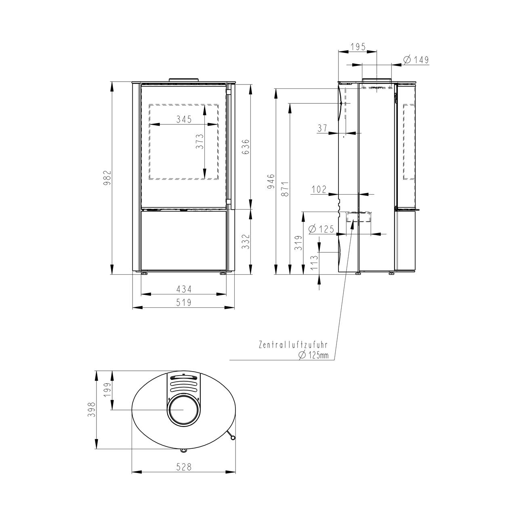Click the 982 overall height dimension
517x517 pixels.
tap(107, 178)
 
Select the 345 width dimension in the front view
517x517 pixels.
tap(184, 119)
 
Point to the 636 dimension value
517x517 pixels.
tap(246, 147)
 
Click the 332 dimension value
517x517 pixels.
tap(246, 242)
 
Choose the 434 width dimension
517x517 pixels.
tap(184, 289)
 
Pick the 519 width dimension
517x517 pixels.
tap(184, 303)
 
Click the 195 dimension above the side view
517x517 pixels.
tap(358, 47)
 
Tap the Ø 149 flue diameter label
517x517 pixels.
tap(416, 59)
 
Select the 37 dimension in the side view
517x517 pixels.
tap(322, 128)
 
